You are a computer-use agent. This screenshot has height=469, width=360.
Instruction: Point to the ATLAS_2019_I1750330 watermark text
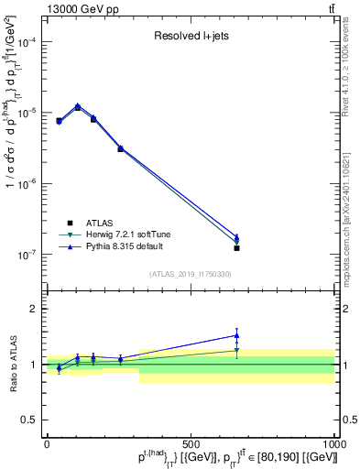click(x=191, y=274)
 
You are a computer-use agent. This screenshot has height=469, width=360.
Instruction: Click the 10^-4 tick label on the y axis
click(x=27, y=43)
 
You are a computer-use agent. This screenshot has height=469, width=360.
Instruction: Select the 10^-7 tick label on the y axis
click(x=27, y=255)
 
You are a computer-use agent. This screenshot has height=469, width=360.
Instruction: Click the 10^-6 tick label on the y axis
click(x=27, y=184)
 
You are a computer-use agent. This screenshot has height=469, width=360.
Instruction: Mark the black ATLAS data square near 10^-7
click(x=236, y=248)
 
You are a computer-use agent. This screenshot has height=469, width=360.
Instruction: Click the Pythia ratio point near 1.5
click(x=236, y=335)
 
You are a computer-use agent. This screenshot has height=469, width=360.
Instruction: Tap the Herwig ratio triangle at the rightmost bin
click(x=236, y=350)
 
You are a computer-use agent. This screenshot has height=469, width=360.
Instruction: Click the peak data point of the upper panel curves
click(x=78, y=106)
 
